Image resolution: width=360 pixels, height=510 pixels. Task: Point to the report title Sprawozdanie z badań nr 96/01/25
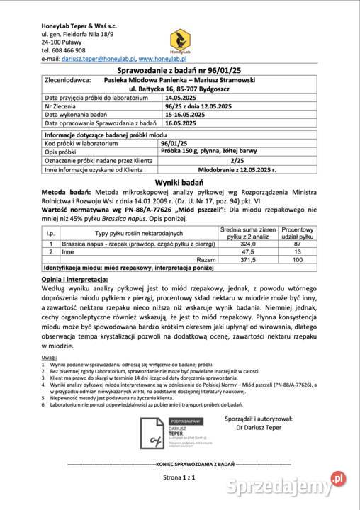point(180,72)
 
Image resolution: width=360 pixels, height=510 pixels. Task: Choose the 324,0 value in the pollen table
point(248,243)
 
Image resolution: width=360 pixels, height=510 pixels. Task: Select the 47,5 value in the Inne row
point(248,251)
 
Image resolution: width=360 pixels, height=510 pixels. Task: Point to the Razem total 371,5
point(248,260)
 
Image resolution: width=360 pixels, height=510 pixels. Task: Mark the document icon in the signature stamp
point(151,431)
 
